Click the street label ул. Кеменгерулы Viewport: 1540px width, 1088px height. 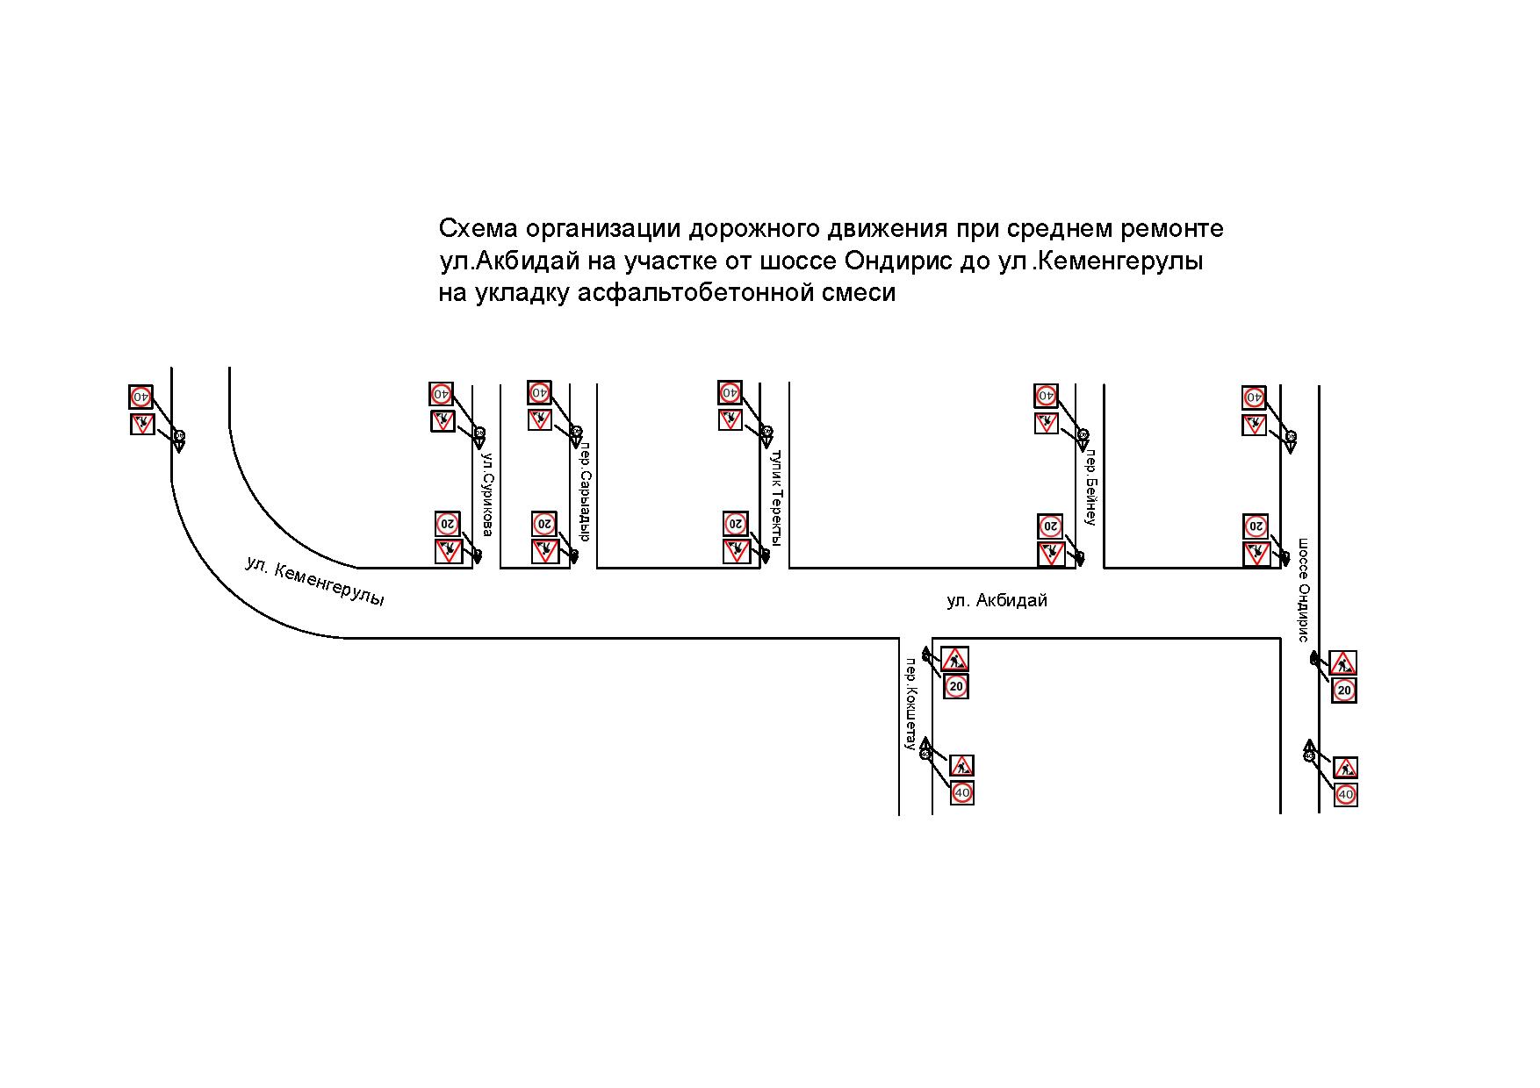click(x=314, y=582)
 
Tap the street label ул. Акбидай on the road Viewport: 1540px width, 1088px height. click(x=997, y=601)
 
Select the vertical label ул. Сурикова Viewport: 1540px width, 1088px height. click(x=487, y=494)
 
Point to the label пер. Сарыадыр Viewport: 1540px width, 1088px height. click(x=584, y=491)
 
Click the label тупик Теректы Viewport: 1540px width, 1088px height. click(x=774, y=497)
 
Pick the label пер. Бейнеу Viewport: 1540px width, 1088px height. click(x=1090, y=489)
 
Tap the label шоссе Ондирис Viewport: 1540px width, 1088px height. click(x=1304, y=590)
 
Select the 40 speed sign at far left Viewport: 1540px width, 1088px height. click(x=140, y=397)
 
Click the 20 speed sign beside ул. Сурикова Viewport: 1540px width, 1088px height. click(x=447, y=524)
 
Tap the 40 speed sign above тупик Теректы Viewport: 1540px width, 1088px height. click(x=730, y=392)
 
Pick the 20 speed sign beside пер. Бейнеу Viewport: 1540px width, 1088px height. click(x=1049, y=526)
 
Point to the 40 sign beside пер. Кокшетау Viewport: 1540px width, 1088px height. click(x=962, y=793)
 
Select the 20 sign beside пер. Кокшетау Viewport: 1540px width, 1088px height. click(x=956, y=686)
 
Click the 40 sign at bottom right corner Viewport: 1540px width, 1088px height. click(x=1345, y=795)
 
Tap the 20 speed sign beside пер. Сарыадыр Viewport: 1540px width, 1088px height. click(x=543, y=524)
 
